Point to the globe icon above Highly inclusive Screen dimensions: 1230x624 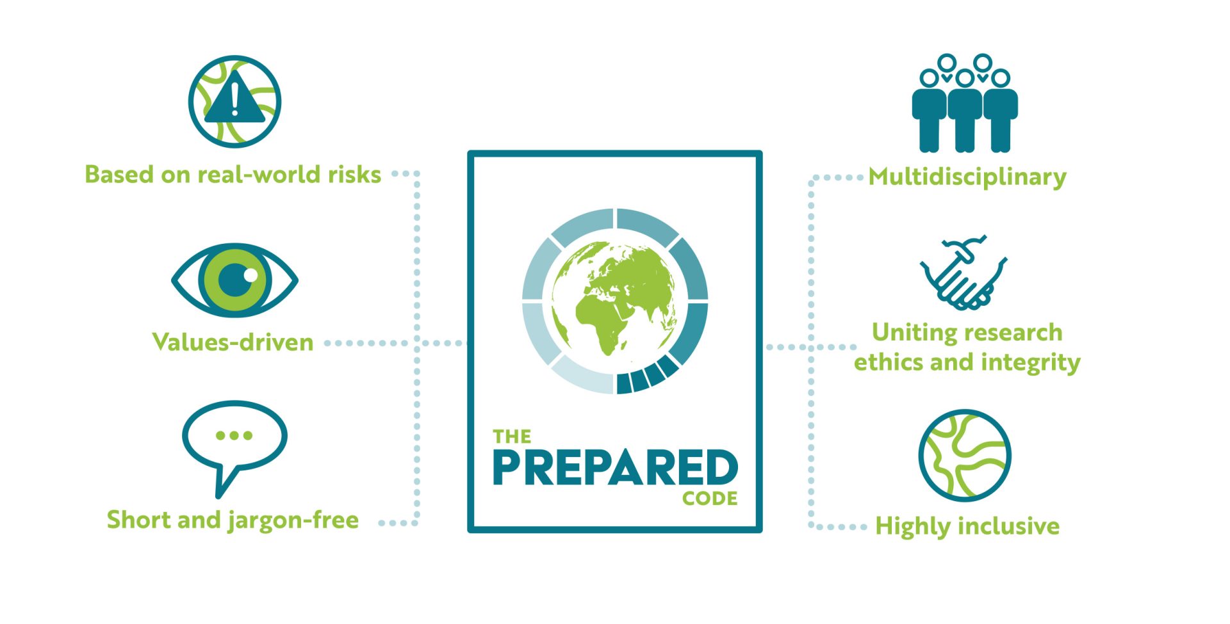[x=965, y=456]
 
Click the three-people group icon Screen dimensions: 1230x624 [x=965, y=104]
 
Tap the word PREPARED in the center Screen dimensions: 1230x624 [x=615, y=467]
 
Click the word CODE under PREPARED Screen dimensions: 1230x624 [x=710, y=499]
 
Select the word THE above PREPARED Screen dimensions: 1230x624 [x=512, y=436]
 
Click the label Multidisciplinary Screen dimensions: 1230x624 [x=967, y=177]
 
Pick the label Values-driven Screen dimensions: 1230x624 [x=233, y=342]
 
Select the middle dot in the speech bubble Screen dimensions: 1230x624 [x=234, y=435]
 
